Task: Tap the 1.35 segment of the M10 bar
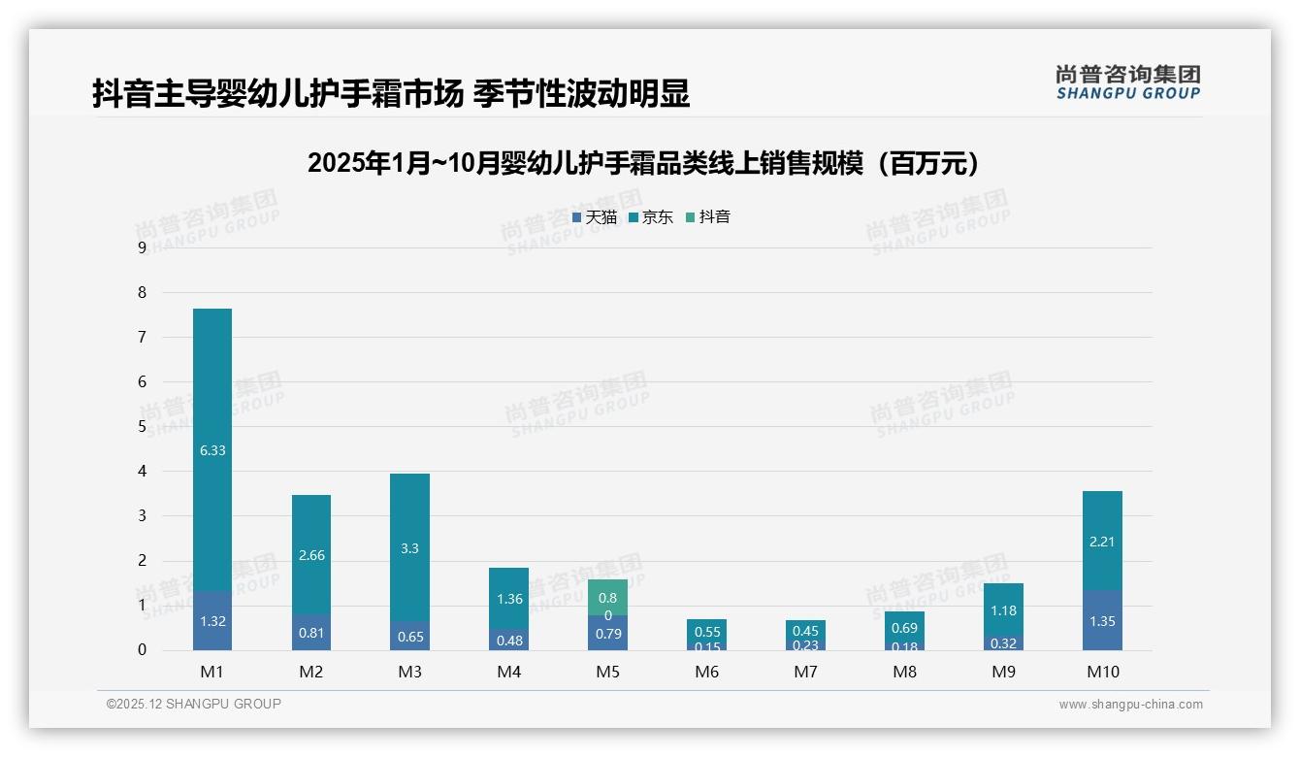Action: tap(1102, 621)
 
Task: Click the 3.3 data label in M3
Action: tap(409, 548)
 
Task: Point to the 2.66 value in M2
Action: tap(311, 555)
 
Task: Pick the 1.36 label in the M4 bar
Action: tap(508, 599)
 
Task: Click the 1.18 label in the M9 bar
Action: tap(1003, 610)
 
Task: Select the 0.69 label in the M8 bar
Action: tap(904, 628)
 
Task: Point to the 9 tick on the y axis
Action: tap(143, 247)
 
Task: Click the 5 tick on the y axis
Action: tap(143, 426)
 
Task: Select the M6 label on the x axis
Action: tap(706, 672)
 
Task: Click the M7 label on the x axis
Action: tap(805, 672)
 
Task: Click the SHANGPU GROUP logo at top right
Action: tap(1127, 82)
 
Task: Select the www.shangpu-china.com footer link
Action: tap(1130, 705)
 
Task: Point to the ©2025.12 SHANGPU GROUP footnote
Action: tap(194, 704)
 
